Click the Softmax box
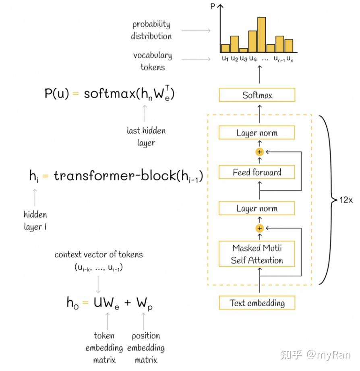(257, 95)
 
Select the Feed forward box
(257, 172)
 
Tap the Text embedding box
(257, 303)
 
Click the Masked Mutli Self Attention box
(257, 254)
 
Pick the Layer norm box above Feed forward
(257, 132)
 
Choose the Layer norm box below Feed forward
(257, 208)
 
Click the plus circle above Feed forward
(260, 152)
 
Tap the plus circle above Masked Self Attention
(260, 228)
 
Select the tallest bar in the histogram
(261, 35)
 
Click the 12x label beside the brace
(346, 200)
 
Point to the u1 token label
(225, 58)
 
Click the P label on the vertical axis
(213, 6)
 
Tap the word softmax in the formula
(110, 93)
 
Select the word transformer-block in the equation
(115, 175)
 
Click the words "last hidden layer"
(146, 137)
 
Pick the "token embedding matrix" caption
(104, 348)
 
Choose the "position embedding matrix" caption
(146, 348)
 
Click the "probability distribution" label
(151, 30)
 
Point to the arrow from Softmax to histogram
(260, 74)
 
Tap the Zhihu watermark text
(315, 355)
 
